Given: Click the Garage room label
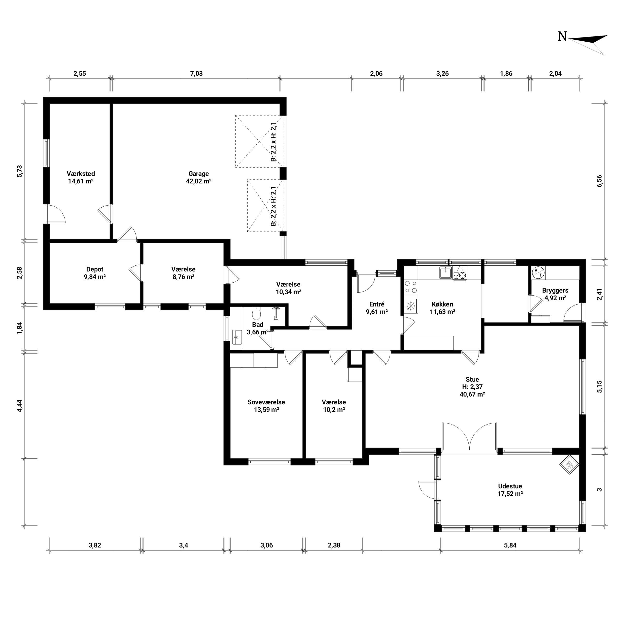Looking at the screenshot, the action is pyautogui.click(x=198, y=174).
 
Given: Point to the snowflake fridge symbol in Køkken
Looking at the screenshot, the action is pyautogui.click(x=411, y=306).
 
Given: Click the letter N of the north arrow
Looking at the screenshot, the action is pyautogui.click(x=562, y=37).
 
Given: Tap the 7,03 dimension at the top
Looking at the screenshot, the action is pyautogui.click(x=196, y=74).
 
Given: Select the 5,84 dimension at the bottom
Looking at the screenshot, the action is pyautogui.click(x=510, y=545).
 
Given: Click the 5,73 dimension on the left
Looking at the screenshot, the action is pyautogui.click(x=20, y=171).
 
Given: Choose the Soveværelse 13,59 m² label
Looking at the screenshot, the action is pyautogui.click(x=266, y=406).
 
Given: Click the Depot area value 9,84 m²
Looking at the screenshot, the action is pyautogui.click(x=95, y=277).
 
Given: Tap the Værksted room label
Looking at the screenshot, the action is pyautogui.click(x=81, y=174).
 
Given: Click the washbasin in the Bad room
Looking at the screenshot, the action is pyautogui.click(x=237, y=337).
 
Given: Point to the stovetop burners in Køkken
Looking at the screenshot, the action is pyautogui.click(x=411, y=287).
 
